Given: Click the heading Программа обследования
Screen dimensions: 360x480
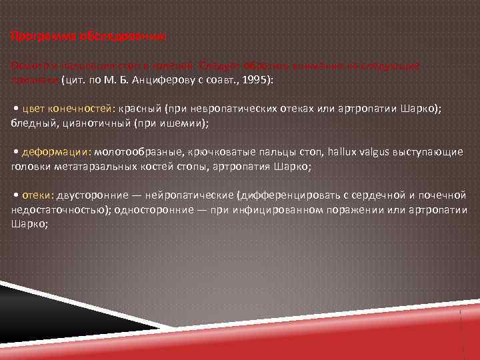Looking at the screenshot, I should (90, 36).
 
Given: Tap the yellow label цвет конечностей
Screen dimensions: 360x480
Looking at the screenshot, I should (69, 109).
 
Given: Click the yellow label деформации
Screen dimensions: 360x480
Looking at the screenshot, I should (57, 152).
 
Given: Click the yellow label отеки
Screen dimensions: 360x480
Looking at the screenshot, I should (35, 195).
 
